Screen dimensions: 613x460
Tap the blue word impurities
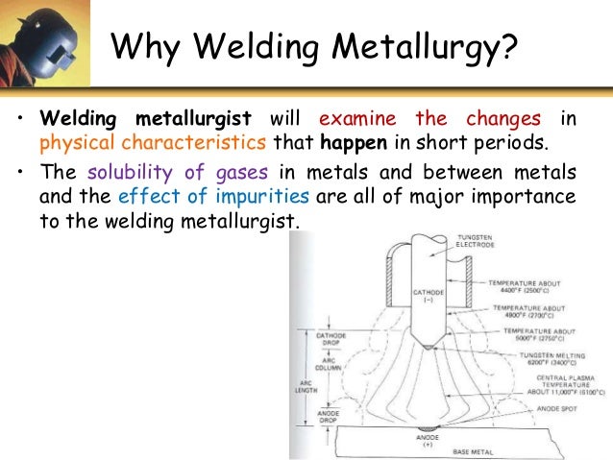point(259,197)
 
